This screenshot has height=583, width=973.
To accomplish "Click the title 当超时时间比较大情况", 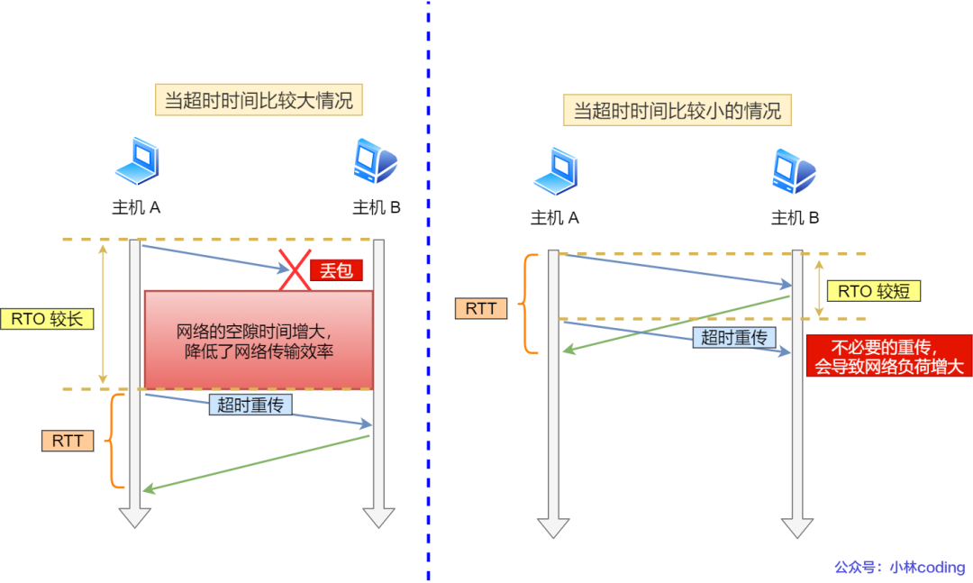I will [259, 99].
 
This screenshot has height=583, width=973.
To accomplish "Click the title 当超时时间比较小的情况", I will [677, 111].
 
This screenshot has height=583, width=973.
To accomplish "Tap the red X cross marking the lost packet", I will [295, 269].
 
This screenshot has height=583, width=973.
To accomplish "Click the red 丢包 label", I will [335, 270].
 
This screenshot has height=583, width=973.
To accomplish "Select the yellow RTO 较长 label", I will [46, 318].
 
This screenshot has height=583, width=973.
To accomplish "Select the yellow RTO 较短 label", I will [873, 290].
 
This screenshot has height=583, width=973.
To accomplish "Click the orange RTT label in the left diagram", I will [68, 441].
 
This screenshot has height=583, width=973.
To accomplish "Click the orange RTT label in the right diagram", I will [481, 308].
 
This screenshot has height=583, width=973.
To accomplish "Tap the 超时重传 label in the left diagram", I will [250, 405].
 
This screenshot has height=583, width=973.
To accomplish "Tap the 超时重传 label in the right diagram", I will [733, 338].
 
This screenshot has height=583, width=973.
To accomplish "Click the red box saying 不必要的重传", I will [889, 356].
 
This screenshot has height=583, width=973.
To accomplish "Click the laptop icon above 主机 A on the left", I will [137, 162].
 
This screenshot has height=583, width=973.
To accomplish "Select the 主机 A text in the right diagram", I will [554, 217].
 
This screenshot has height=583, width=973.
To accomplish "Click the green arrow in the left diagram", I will [257, 463].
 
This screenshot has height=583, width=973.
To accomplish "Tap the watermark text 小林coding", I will [927, 567].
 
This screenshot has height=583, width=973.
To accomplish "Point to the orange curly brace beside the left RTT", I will [113, 441].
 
